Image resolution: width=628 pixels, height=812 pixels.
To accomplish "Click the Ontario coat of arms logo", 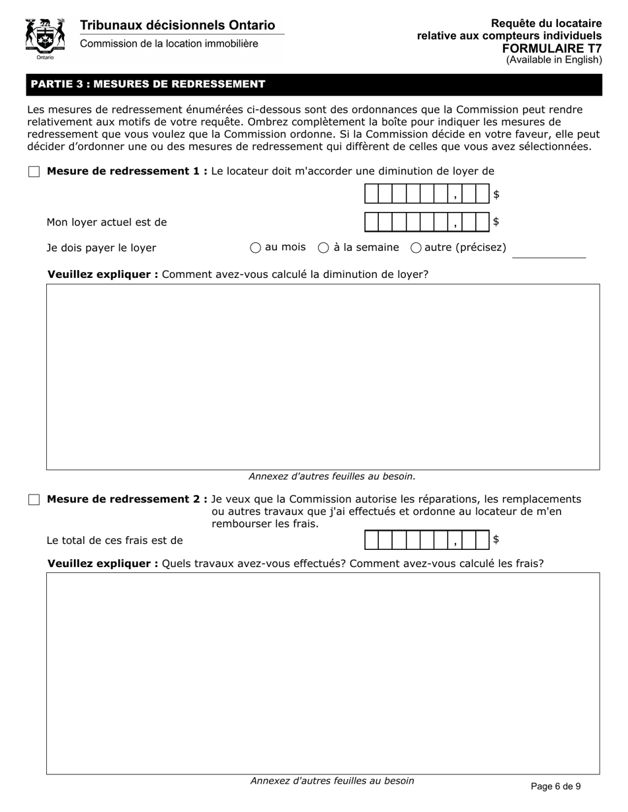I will point(45,38).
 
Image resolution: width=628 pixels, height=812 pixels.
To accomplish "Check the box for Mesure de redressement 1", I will point(34,172).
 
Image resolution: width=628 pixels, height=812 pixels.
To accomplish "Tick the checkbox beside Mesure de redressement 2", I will point(34,500).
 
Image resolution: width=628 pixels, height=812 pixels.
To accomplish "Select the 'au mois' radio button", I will point(255,248).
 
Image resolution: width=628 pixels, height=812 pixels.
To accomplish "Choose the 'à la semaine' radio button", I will point(324,248).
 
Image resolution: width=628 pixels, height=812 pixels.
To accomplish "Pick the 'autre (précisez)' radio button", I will point(416,248).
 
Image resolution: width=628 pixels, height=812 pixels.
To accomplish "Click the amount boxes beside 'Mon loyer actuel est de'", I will point(426,222).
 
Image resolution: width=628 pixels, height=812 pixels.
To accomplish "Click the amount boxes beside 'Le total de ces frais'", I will point(426,540).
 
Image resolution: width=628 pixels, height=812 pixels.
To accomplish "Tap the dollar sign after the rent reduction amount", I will point(496,195).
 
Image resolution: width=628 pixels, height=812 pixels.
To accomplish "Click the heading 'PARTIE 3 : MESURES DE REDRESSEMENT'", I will point(148,85).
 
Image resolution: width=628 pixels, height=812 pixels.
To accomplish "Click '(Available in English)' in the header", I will point(554,60).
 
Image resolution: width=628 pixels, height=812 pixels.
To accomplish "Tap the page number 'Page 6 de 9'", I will point(556,786).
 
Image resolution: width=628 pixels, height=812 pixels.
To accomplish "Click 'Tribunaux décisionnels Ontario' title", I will point(177,25).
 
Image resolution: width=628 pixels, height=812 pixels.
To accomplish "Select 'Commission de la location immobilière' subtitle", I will point(169,44).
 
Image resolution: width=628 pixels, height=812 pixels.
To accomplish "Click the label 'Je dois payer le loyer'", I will point(101,248).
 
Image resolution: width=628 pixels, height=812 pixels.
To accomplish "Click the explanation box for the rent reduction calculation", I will point(323,376).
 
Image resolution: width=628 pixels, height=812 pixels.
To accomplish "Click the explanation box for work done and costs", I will point(323,673).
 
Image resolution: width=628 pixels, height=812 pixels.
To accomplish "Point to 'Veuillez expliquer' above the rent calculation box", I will point(102,274).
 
